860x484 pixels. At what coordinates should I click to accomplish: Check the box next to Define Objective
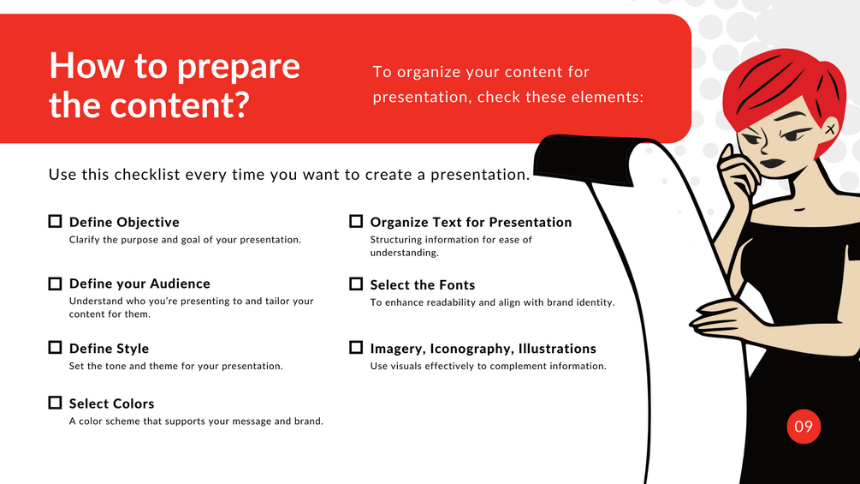tap(55, 221)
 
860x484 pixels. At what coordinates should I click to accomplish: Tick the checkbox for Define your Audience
tap(55, 284)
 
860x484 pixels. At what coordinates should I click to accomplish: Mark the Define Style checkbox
tap(55, 347)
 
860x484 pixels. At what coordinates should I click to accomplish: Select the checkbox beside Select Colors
tap(55, 403)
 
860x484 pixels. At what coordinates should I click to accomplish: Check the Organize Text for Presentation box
tap(356, 221)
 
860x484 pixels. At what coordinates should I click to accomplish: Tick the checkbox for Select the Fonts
tap(356, 284)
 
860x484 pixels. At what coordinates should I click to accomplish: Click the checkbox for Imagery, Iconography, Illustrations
tap(356, 347)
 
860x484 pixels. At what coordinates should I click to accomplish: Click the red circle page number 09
tap(804, 427)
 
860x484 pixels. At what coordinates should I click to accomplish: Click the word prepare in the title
tap(238, 67)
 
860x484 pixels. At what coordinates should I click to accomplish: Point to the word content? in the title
tap(180, 105)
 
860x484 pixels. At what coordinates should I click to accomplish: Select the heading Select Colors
tap(111, 403)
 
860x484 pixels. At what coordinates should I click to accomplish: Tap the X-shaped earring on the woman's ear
tap(830, 129)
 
